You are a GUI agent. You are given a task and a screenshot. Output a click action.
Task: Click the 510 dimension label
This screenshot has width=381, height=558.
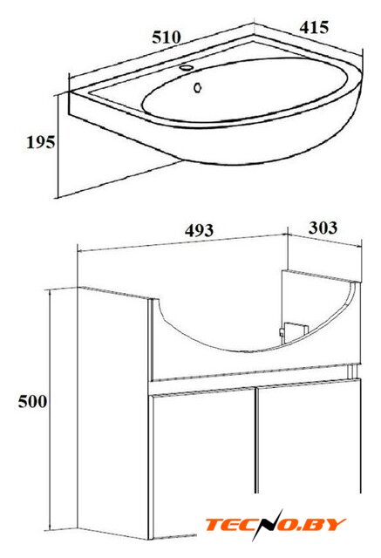click(x=167, y=37)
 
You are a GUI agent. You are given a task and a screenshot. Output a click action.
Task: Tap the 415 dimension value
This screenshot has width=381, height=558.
click(x=314, y=28)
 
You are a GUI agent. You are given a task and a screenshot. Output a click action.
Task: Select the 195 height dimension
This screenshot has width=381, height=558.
click(x=41, y=142)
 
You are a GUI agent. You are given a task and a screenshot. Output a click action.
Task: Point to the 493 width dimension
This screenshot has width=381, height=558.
click(x=199, y=230)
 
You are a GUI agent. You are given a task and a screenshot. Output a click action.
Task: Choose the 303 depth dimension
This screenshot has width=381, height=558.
click(x=323, y=228)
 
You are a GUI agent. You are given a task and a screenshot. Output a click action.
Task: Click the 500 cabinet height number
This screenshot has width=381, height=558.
click(x=33, y=401)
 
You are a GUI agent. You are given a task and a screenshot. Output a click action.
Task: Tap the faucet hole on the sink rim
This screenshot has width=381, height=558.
click(x=186, y=67)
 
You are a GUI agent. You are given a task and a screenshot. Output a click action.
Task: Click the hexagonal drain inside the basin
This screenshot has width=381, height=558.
click(x=198, y=87)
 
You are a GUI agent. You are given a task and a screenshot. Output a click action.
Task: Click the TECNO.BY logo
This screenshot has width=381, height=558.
click(x=276, y=525)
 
